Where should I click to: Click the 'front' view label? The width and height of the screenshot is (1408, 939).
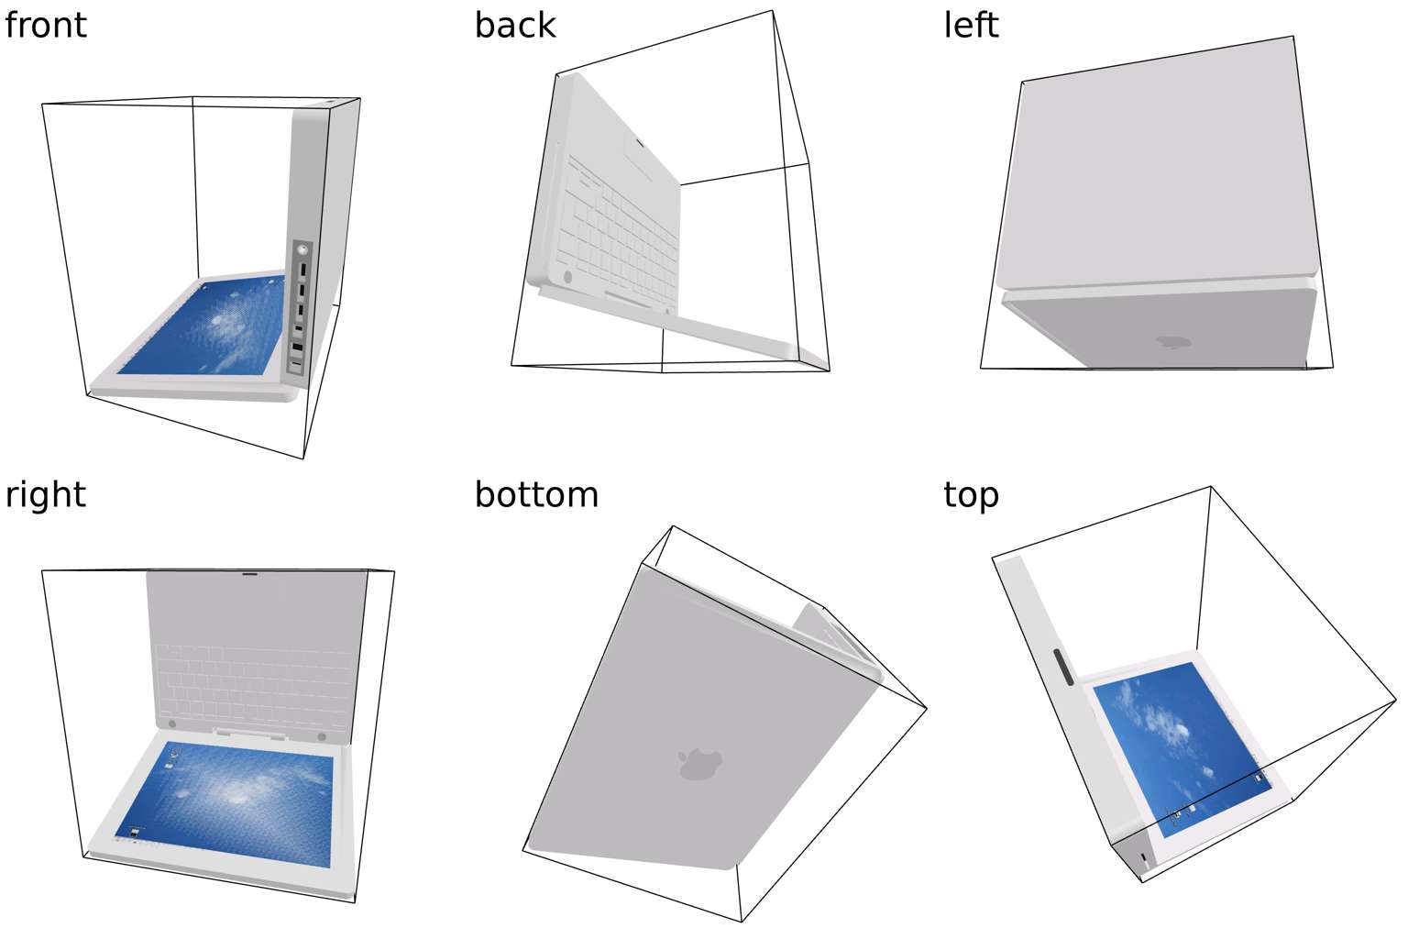[x=45, y=26]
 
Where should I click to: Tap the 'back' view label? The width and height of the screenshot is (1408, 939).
[x=515, y=26]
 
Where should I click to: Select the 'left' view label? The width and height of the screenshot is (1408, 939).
[x=971, y=26]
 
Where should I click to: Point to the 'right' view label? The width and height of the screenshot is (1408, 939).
[x=45, y=495]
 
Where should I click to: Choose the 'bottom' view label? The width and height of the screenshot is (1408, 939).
[x=536, y=495]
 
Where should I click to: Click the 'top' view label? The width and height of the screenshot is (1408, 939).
[x=971, y=496]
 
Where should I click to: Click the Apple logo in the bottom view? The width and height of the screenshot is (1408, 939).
[x=699, y=764]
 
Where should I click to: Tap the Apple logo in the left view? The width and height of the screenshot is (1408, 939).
[x=1174, y=341]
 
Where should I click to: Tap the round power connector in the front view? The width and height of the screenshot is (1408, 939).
[x=302, y=249]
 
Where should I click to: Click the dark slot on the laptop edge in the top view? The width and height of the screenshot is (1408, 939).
[x=1064, y=668]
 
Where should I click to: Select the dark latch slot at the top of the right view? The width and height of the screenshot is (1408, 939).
[x=250, y=574]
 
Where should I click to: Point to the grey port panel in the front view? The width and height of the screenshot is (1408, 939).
[x=299, y=308]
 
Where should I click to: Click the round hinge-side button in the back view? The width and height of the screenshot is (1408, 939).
[x=567, y=277]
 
